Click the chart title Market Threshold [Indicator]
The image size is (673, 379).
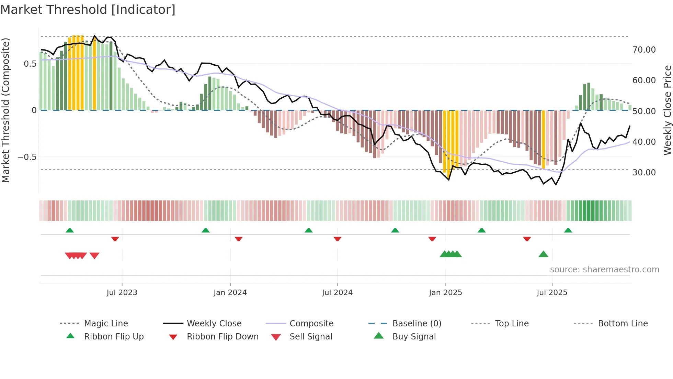[x=88, y=10]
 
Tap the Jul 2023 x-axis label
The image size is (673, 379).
[x=122, y=293]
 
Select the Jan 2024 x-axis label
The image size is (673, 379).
[x=230, y=293]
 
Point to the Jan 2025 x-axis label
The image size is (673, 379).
[x=445, y=293]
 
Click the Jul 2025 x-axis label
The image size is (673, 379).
[x=552, y=293]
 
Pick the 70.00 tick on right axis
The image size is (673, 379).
[x=644, y=50]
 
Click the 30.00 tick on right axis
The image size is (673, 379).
[x=644, y=173]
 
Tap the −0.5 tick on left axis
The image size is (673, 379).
[x=27, y=157]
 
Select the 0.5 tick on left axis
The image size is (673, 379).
[x=30, y=64]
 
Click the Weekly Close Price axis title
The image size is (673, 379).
[x=667, y=110]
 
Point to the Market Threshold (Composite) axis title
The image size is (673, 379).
[x=5, y=110]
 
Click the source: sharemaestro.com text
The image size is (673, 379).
[x=604, y=270]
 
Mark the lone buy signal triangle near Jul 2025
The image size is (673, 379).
[x=543, y=255]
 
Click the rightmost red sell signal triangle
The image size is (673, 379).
[x=94, y=256]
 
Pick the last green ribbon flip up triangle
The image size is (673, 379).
[x=568, y=230]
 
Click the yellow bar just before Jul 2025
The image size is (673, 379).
[x=543, y=139]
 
